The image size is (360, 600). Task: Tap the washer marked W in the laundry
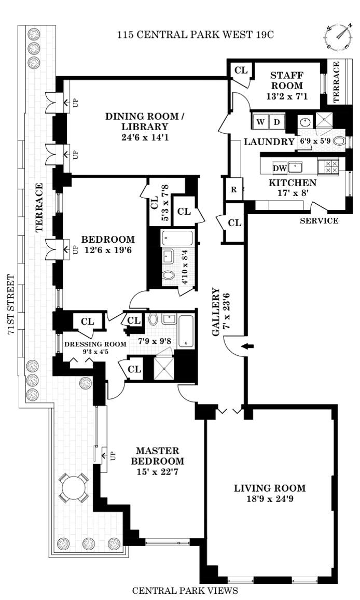[x=260, y=122]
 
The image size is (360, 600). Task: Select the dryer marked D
[x=277, y=122]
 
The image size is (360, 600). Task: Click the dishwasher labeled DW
[x=280, y=168]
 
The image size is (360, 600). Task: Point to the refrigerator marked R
[x=234, y=189]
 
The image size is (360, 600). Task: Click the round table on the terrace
[x=74, y=488]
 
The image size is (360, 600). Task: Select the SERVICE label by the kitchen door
[x=319, y=220]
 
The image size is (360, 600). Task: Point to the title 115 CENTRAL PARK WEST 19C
[x=196, y=35]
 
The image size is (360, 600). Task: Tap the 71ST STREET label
[x=11, y=304]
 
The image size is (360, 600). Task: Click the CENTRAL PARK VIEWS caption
[x=185, y=591]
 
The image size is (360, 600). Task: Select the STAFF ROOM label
[x=287, y=80]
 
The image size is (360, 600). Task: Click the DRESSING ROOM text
[x=95, y=344]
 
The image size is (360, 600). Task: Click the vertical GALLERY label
[x=216, y=312]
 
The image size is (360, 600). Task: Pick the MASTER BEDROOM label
[x=157, y=456]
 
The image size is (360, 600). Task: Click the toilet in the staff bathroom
[x=339, y=141]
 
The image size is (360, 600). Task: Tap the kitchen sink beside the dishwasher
[x=295, y=167]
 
